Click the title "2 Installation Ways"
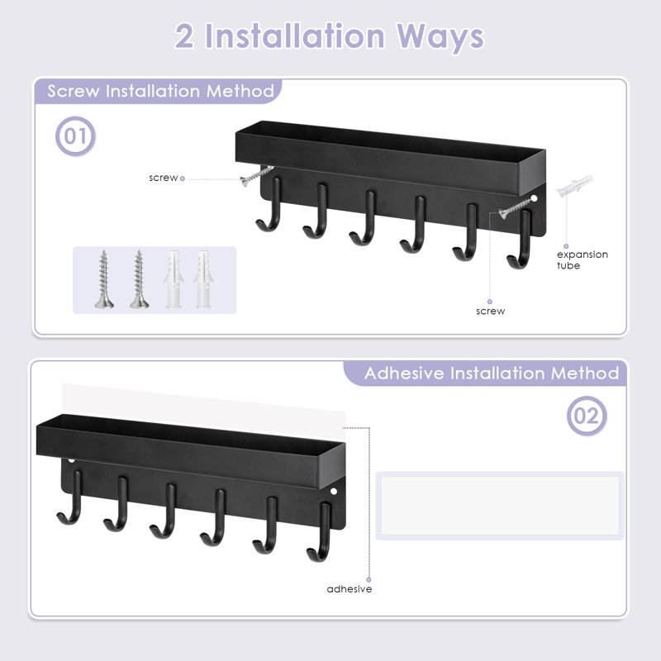[329, 37]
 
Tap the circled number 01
[75, 136]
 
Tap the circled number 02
[586, 416]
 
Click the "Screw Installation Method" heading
[160, 91]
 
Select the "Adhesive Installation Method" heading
[492, 373]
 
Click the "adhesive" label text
[349, 589]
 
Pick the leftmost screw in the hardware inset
[102, 279]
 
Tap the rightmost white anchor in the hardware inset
[202, 280]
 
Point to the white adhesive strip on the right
[499, 505]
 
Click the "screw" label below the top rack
[490, 311]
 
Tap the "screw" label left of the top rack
[163, 178]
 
